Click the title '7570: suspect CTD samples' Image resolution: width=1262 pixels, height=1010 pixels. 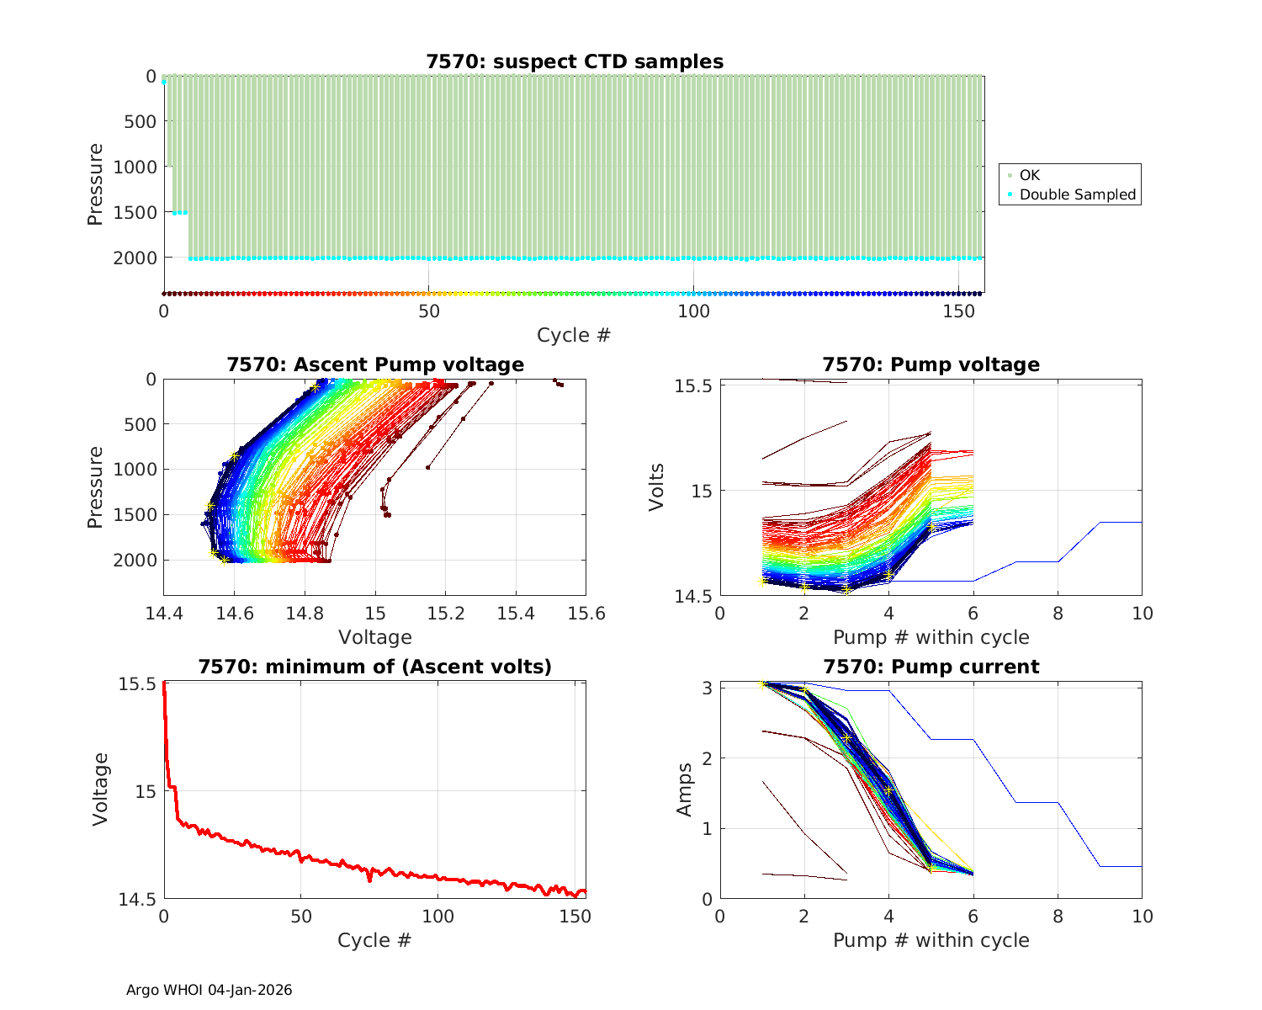[x=575, y=61]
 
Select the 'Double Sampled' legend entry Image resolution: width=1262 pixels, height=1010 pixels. [x=1077, y=194]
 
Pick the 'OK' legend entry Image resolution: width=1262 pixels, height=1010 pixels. [x=1030, y=175]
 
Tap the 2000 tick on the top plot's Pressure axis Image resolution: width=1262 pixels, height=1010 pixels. [x=135, y=258]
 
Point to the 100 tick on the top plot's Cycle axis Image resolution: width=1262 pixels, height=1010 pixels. [x=693, y=311]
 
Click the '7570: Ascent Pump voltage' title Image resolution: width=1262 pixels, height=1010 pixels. [x=375, y=364]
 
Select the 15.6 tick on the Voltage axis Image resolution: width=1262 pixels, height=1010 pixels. [x=586, y=614]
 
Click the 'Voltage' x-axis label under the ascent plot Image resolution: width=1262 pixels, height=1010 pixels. [x=375, y=637]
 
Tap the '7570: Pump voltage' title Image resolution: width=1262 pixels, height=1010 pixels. [x=931, y=364]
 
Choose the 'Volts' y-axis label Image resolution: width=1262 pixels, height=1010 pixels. [x=657, y=487]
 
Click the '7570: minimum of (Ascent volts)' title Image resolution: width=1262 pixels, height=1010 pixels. [x=375, y=667]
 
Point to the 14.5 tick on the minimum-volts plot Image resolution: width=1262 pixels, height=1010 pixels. [x=137, y=900]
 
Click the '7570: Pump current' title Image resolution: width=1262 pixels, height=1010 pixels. [x=931, y=667]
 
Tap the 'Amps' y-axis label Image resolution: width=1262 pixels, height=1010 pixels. [x=687, y=789]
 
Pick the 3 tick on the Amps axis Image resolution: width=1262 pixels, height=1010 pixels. [x=708, y=688]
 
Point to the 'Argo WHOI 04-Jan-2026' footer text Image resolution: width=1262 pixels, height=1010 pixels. [x=209, y=990]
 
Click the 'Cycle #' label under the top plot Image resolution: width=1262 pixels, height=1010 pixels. [x=574, y=335]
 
